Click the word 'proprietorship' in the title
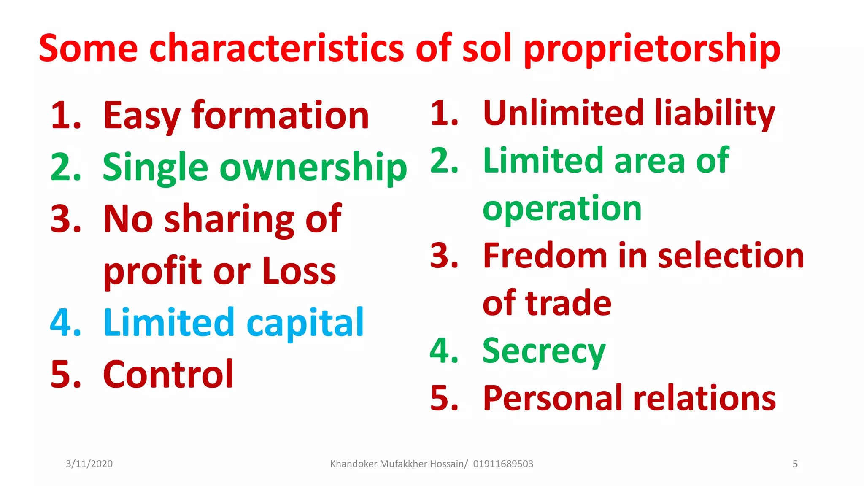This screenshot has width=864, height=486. [652, 49]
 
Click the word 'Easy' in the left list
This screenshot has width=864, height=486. [142, 116]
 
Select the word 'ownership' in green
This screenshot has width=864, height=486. [313, 168]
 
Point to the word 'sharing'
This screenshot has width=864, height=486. [229, 219]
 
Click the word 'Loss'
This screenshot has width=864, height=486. [299, 271]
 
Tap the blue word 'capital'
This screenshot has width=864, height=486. [305, 323]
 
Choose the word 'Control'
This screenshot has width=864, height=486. [168, 374]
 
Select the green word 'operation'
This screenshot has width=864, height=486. [562, 209]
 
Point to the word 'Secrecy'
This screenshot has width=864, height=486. [544, 351]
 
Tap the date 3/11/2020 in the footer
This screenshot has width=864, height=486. [89, 464]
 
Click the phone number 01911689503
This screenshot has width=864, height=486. [503, 464]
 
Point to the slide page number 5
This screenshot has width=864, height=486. [795, 464]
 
